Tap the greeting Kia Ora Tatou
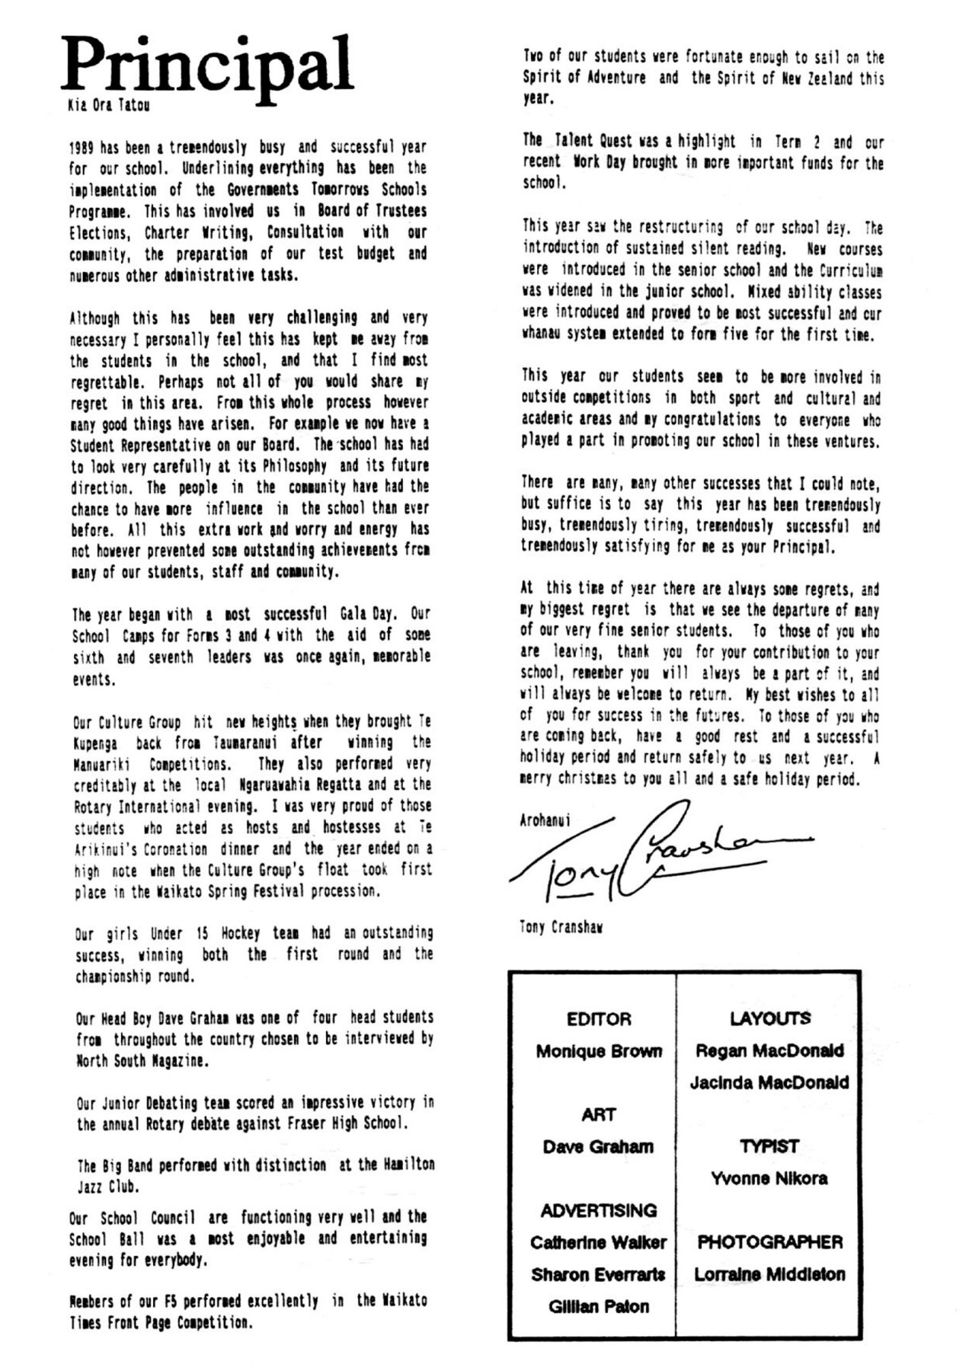pyautogui.click(x=108, y=105)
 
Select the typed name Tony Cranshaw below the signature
pyautogui.click(x=561, y=928)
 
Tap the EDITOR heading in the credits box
pyautogui.click(x=599, y=1019)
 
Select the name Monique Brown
pyautogui.click(x=599, y=1051)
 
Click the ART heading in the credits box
pyautogui.click(x=599, y=1114)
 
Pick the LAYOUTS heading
pyautogui.click(x=769, y=1018)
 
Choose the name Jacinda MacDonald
pyautogui.click(x=769, y=1082)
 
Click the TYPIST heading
pyautogui.click(x=769, y=1146)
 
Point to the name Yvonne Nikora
pyautogui.click(x=769, y=1178)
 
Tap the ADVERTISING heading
pyautogui.click(x=599, y=1210)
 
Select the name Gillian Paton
pyautogui.click(x=599, y=1306)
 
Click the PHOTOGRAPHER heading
pyautogui.click(x=769, y=1242)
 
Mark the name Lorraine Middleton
pyautogui.click(x=769, y=1274)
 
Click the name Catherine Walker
pyautogui.click(x=599, y=1242)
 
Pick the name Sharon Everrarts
pyautogui.click(x=599, y=1274)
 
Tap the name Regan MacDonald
pyautogui.click(x=769, y=1050)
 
